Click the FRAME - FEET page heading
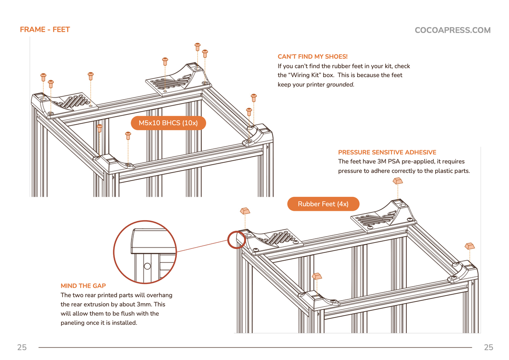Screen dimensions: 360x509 point(45,30)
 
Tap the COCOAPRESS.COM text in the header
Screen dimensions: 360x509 point(452,30)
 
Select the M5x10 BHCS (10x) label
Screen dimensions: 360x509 point(168,123)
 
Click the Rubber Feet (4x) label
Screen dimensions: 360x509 point(323,204)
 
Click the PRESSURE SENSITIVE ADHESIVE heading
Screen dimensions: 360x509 point(387,152)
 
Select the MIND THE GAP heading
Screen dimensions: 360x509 point(83,286)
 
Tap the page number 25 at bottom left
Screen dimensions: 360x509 point(22,347)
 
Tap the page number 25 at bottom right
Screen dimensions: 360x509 point(488,347)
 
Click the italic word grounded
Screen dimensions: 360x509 point(340,84)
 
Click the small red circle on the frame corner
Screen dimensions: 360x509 point(236,240)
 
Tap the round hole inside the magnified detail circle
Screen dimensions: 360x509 point(147,266)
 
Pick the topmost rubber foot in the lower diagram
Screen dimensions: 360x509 point(397,181)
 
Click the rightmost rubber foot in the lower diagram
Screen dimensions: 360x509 point(470,246)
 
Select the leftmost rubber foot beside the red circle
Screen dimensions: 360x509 point(245,211)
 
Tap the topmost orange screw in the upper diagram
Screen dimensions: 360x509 point(197,45)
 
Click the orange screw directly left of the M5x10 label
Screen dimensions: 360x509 point(128,135)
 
